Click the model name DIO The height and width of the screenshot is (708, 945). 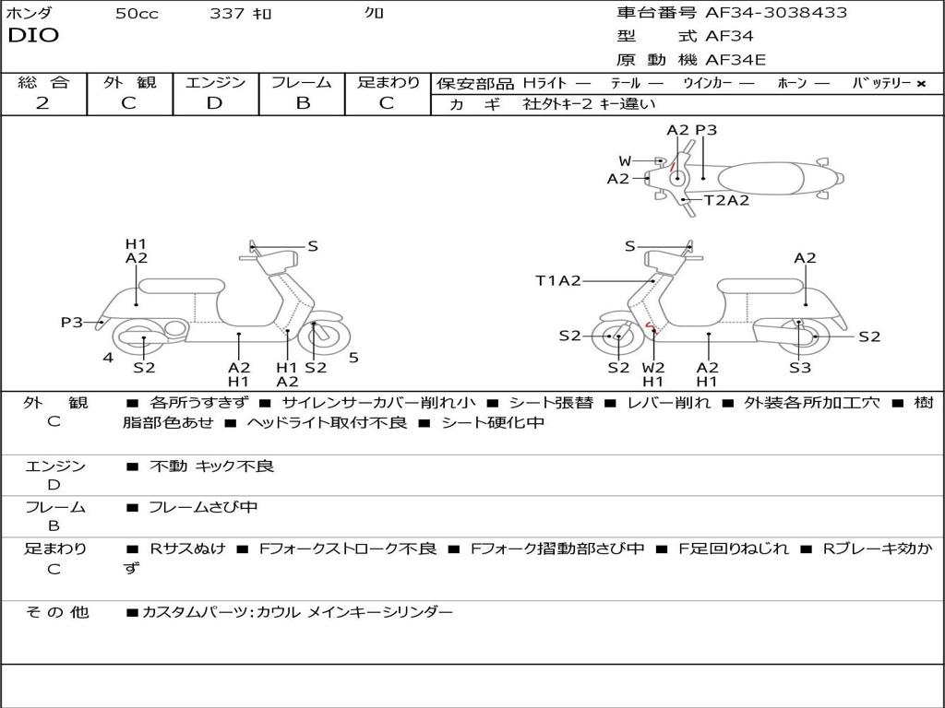point(33,36)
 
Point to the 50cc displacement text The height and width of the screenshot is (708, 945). point(137,14)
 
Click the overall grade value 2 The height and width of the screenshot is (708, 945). point(42,103)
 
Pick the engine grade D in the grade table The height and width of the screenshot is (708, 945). point(214,103)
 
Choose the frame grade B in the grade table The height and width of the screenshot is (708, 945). point(302,103)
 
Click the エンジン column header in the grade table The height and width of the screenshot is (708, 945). point(215,82)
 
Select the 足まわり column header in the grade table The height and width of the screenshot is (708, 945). point(389,82)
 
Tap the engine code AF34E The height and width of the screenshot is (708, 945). point(736,61)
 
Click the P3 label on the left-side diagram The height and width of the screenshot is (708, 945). point(72,323)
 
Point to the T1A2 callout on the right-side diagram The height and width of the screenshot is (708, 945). point(558,281)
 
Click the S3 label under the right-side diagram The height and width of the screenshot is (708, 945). point(800,368)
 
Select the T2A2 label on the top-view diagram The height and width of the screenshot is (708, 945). point(727,200)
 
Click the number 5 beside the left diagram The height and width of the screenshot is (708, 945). point(353,358)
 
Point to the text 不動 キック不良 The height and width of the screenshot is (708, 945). point(212,466)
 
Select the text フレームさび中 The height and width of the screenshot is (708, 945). point(203,507)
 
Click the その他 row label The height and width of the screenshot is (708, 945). point(56,612)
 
